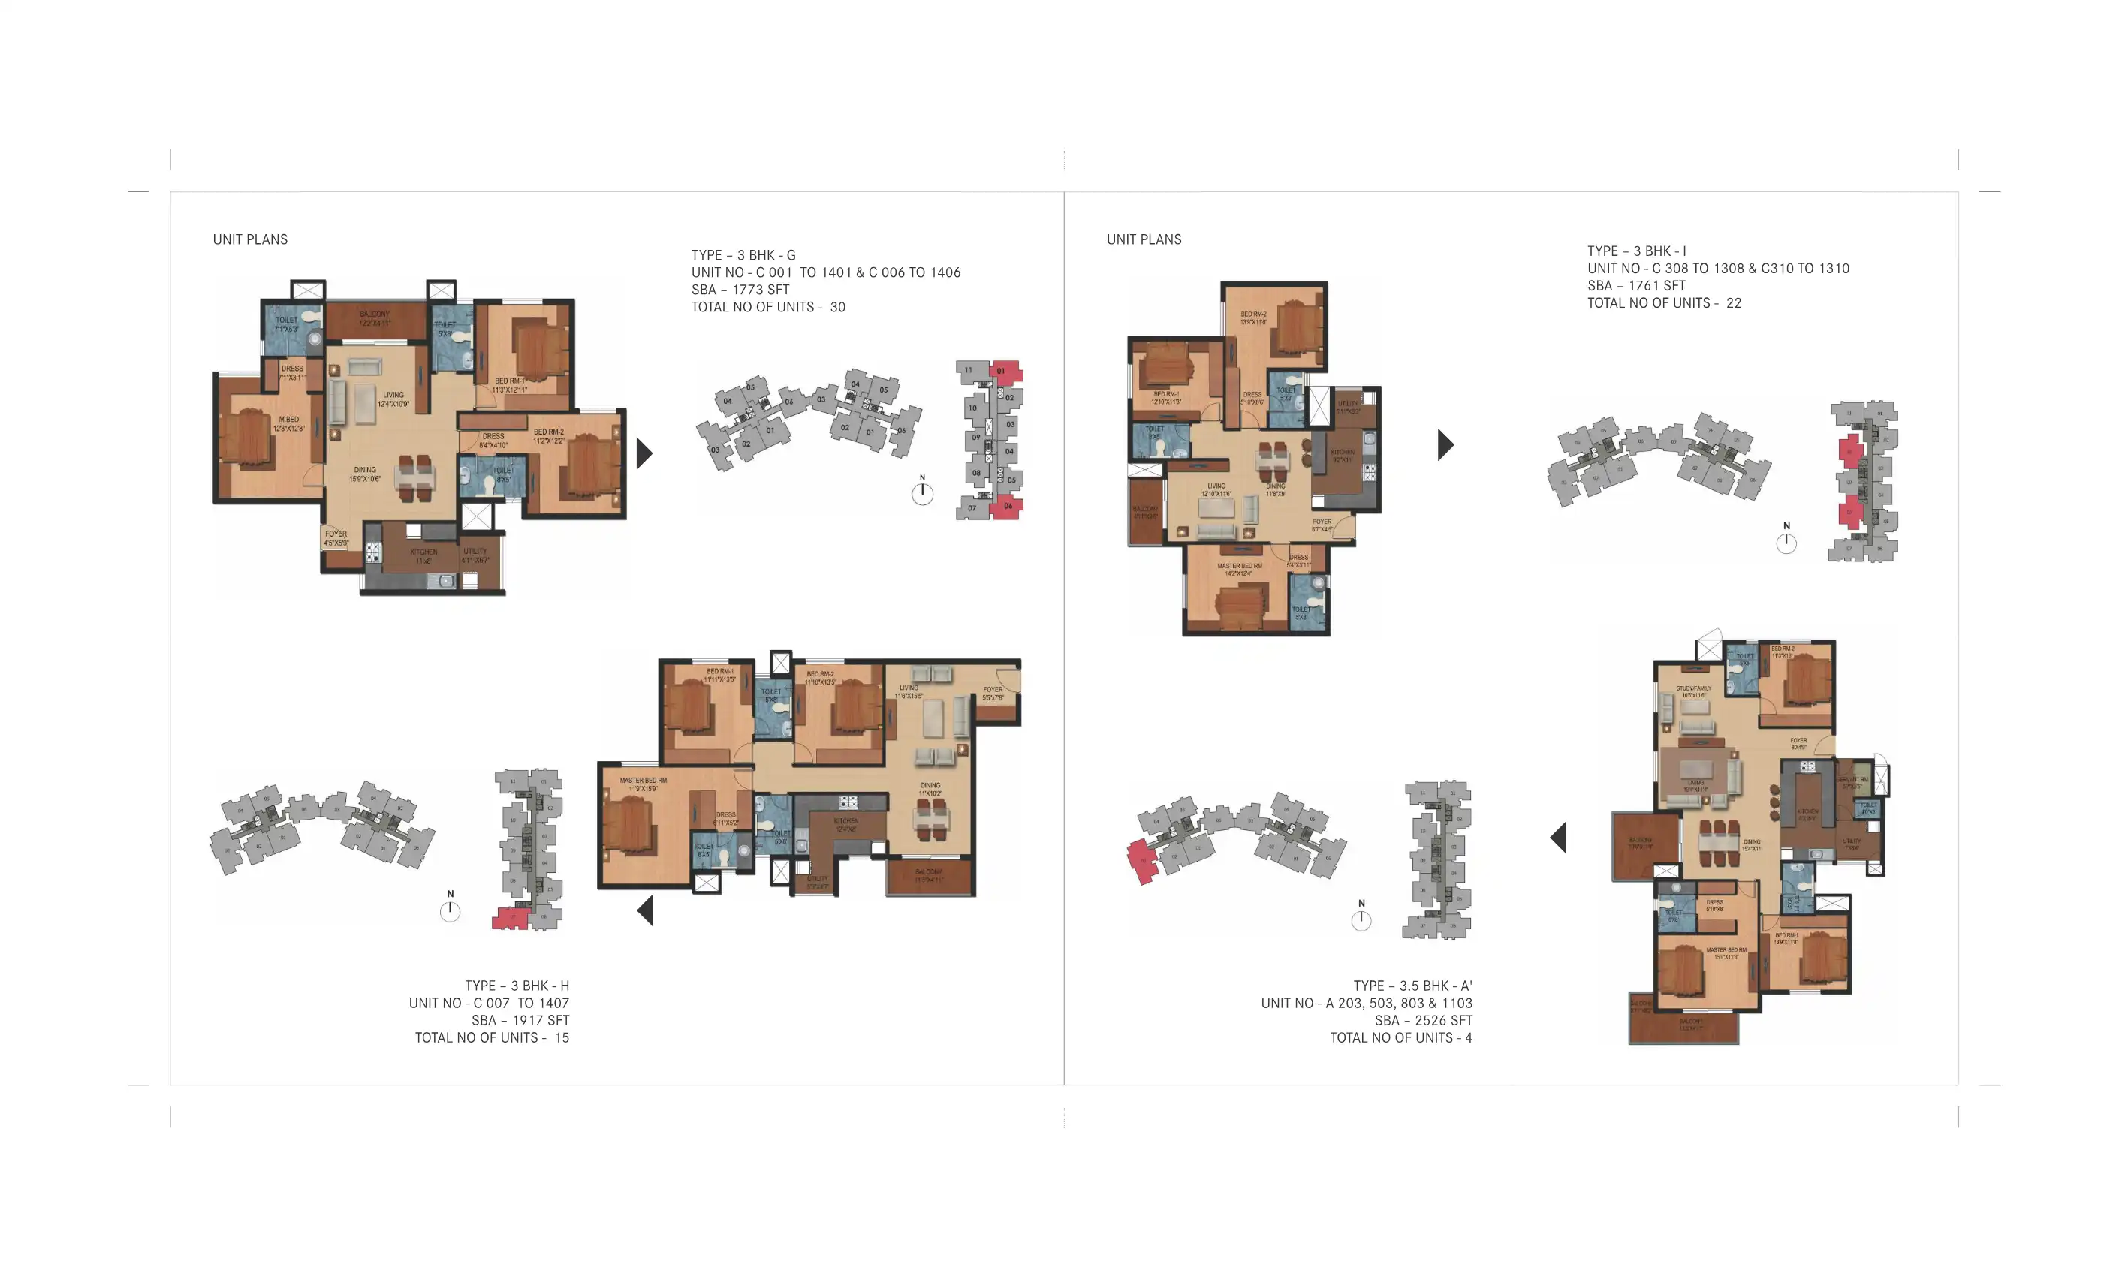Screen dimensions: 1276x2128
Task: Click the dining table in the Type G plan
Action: [414, 478]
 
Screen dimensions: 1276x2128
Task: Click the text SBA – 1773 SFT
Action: [740, 290]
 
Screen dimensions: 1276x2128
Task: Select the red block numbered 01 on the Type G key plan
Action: [1003, 372]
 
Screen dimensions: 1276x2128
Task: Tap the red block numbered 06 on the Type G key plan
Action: [1005, 507]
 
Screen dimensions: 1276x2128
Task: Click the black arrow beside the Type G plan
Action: [644, 453]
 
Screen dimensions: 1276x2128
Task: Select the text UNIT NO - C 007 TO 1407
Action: [489, 1003]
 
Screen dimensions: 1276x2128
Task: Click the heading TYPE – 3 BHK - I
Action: [1636, 251]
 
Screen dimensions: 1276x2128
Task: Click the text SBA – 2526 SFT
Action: [1423, 1020]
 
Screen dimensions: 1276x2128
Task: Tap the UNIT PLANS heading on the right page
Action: [1143, 239]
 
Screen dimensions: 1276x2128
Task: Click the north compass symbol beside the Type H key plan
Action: [450, 911]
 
